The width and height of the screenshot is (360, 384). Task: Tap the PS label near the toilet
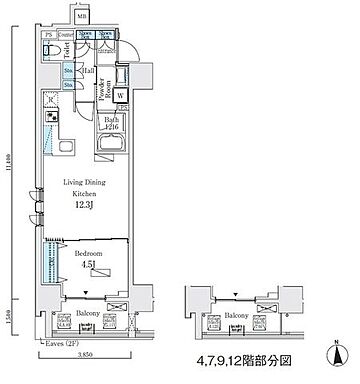coord(48,34)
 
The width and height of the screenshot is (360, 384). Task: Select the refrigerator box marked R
coord(51,100)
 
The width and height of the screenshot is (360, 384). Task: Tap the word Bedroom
coord(87,255)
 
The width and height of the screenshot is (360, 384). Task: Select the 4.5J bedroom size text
coord(87,266)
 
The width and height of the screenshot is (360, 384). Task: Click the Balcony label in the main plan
coord(88,312)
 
